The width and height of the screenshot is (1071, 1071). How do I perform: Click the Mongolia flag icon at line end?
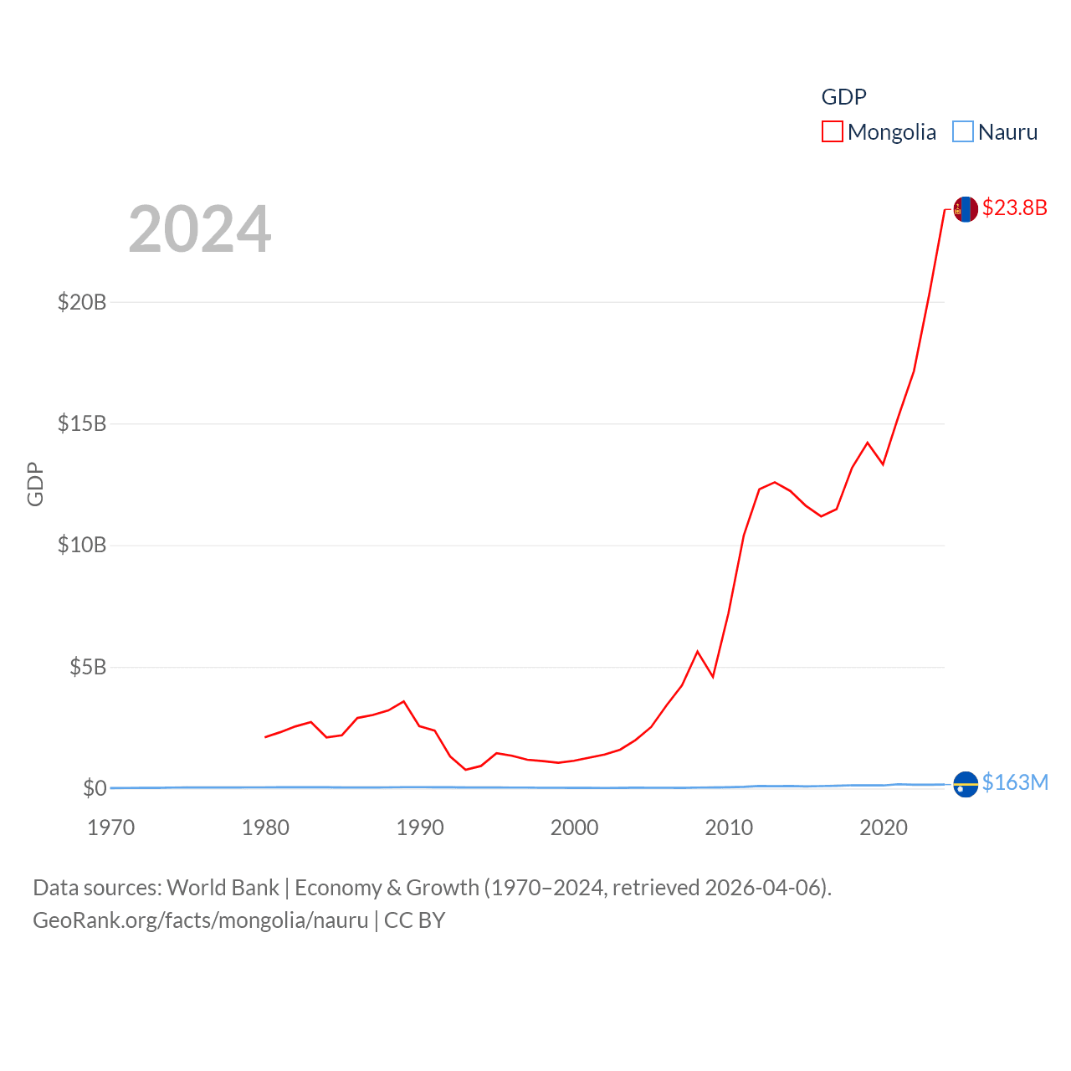[x=966, y=209]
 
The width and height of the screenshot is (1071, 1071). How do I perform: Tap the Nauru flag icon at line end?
[x=966, y=784]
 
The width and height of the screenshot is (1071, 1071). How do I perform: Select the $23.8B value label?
[x=1014, y=208]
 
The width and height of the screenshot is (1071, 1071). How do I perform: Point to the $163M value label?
[x=1015, y=782]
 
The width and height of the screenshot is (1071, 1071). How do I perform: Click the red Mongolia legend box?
[x=832, y=132]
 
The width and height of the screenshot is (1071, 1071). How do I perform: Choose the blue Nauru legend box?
[x=963, y=132]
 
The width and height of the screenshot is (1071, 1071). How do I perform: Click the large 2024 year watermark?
[x=200, y=228]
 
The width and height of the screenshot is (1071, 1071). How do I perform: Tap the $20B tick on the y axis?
[x=82, y=302]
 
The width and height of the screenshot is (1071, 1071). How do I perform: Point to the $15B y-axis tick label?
[x=82, y=423]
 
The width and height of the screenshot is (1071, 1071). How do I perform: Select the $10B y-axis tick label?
[x=82, y=546]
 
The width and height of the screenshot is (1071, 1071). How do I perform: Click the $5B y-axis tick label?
[x=88, y=667]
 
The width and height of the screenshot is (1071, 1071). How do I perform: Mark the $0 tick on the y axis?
[x=95, y=788]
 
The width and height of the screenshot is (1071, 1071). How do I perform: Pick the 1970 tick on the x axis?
[x=111, y=828]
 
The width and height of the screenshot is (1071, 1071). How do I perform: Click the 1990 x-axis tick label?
[x=420, y=828]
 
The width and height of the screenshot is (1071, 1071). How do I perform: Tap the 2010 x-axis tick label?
[x=729, y=828]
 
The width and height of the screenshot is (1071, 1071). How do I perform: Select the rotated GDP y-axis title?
[x=35, y=484]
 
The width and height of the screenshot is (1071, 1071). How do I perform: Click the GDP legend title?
[x=843, y=97]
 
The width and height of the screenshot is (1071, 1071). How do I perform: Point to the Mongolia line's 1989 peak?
[x=404, y=701]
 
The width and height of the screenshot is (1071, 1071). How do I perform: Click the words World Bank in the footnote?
[x=223, y=888]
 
